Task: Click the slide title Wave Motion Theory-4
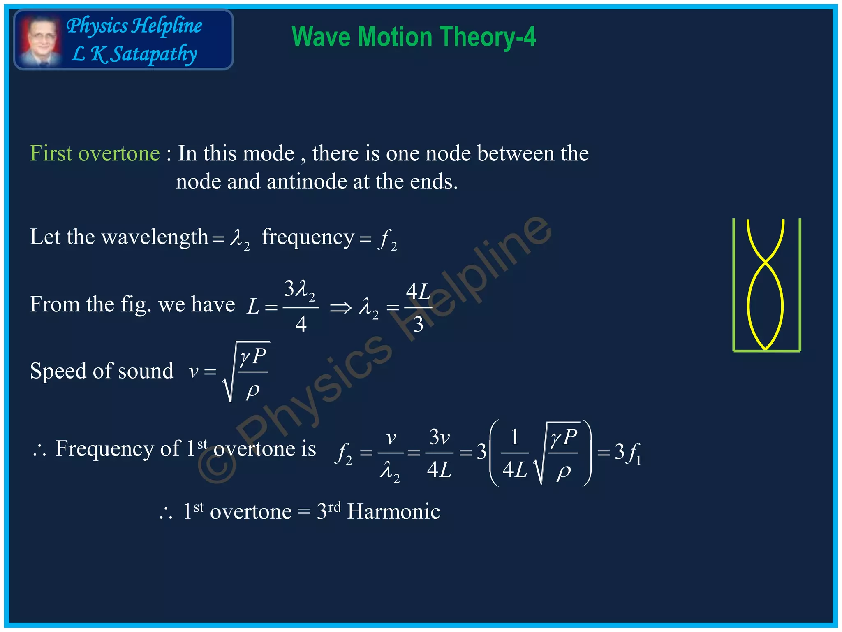[x=414, y=37]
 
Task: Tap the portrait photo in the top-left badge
[x=40, y=40]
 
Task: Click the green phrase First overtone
[x=95, y=154]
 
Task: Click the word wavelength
[x=155, y=237]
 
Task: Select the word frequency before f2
[x=308, y=237]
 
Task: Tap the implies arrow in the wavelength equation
[x=341, y=307]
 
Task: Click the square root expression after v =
[x=247, y=372]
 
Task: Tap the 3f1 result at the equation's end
[x=627, y=453]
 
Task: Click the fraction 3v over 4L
[x=439, y=453]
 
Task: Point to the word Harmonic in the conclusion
[x=393, y=512]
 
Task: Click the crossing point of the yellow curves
[x=766, y=261]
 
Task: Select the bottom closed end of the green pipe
[x=767, y=351]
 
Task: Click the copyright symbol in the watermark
[x=217, y=464]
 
